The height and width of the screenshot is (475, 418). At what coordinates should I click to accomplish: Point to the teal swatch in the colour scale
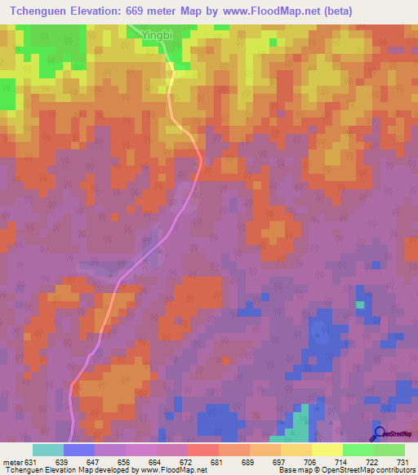47,450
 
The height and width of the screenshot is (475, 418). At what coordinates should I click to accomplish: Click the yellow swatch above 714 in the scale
327,450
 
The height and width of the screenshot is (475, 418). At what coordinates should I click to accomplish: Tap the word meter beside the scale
12,462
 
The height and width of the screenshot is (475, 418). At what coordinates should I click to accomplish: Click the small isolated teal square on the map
359,305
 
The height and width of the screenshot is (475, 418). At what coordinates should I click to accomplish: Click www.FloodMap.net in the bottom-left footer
173,470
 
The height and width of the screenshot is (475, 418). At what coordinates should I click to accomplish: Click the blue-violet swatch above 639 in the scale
78,450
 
